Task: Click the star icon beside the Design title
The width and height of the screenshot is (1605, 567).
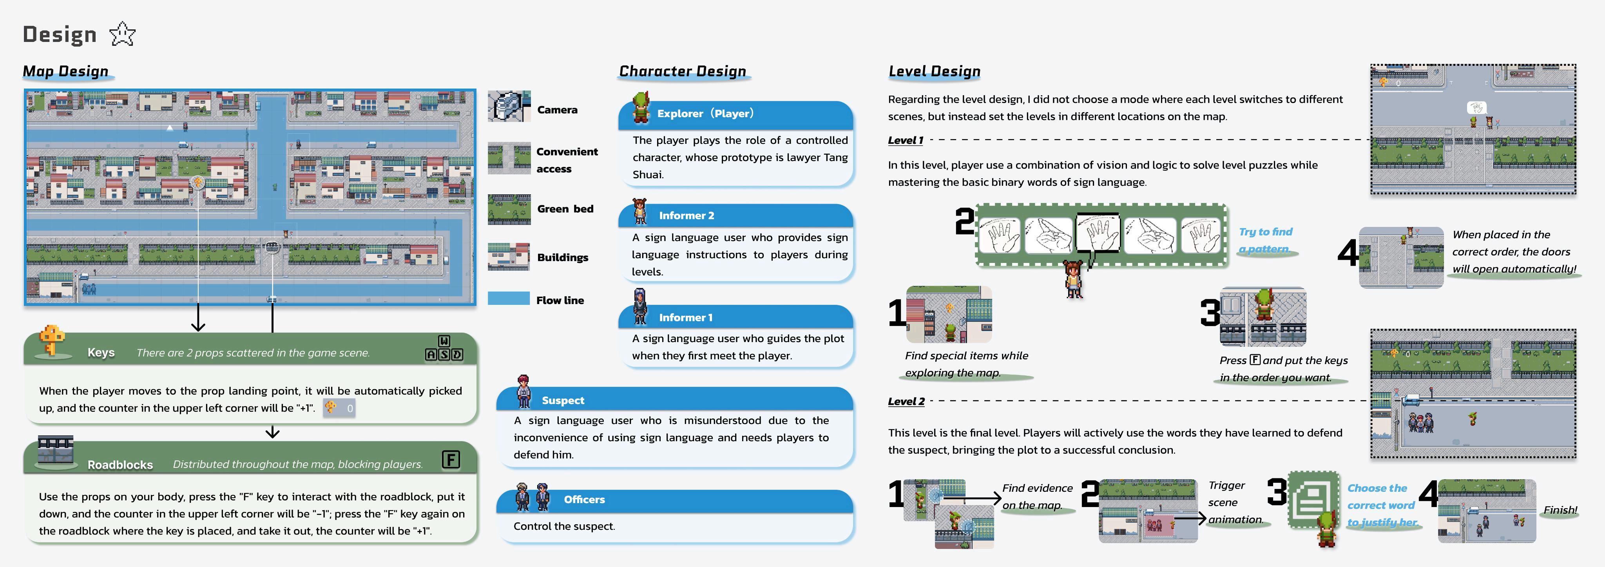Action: (x=122, y=34)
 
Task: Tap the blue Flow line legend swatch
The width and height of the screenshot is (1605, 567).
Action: (x=508, y=299)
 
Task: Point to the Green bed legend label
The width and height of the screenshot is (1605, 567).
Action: (x=565, y=209)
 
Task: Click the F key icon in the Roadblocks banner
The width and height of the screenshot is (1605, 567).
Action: (x=451, y=460)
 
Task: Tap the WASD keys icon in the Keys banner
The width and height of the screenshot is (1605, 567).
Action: (x=444, y=348)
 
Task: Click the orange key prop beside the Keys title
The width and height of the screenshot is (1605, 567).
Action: (x=52, y=340)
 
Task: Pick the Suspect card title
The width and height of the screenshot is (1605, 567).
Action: (x=563, y=400)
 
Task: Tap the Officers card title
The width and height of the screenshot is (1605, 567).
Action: (x=584, y=499)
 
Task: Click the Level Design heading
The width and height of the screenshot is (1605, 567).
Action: (x=934, y=72)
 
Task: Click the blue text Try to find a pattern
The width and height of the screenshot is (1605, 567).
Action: (x=1265, y=240)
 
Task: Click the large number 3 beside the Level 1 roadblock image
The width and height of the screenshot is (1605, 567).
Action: (x=1210, y=313)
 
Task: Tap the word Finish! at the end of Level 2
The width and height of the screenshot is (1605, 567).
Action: (x=1560, y=510)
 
